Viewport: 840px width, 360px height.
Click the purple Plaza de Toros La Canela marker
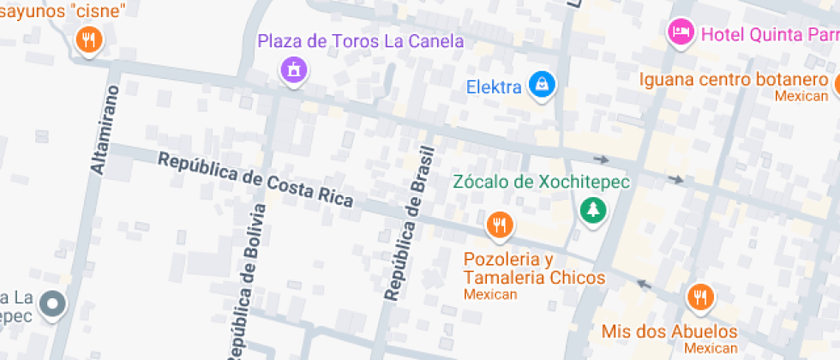point(293,69)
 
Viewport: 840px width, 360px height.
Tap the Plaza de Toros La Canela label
point(361,41)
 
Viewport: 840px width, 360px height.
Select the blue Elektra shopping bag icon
point(543,84)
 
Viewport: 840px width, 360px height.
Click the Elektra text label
point(494,87)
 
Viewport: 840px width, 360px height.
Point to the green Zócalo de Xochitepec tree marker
point(591,208)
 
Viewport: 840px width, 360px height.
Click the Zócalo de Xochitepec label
point(541,182)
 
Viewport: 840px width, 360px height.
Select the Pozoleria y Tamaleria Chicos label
point(534,268)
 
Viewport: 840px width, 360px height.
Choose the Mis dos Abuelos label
point(669,332)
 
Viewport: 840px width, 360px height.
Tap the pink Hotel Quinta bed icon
point(681,33)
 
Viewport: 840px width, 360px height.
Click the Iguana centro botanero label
point(730,80)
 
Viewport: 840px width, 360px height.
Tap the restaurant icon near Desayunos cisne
point(88,39)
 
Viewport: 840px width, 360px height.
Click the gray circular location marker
point(53,303)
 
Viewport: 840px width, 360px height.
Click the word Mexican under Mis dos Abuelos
point(711,348)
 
